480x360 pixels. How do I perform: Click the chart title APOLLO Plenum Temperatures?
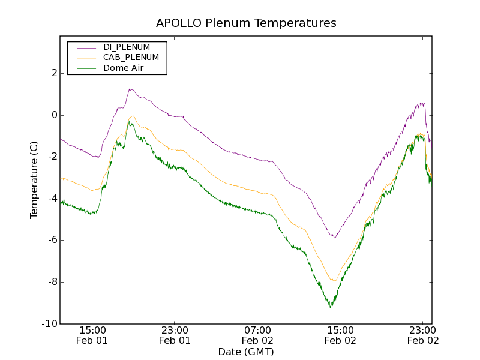click(x=246, y=23)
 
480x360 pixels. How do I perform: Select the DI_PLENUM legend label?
click(x=127, y=47)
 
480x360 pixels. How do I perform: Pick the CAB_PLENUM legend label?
click(x=131, y=58)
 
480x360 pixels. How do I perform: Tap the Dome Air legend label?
click(x=124, y=68)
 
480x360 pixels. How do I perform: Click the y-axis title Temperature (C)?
click(x=34, y=179)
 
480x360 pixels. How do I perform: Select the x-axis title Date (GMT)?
click(x=246, y=352)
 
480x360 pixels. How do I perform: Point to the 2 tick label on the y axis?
click(x=54, y=73)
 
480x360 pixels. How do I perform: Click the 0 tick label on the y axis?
click(x=54, y=115)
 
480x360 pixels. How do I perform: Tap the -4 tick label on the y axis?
click(x=52, y=199)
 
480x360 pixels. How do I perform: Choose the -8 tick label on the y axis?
click(x=52, y=282)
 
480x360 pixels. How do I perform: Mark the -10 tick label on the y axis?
click(x=50, y=324)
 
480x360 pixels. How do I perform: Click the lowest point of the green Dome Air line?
click(x=331, y=307)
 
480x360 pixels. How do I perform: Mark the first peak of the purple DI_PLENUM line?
click(x=130, y=89)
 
